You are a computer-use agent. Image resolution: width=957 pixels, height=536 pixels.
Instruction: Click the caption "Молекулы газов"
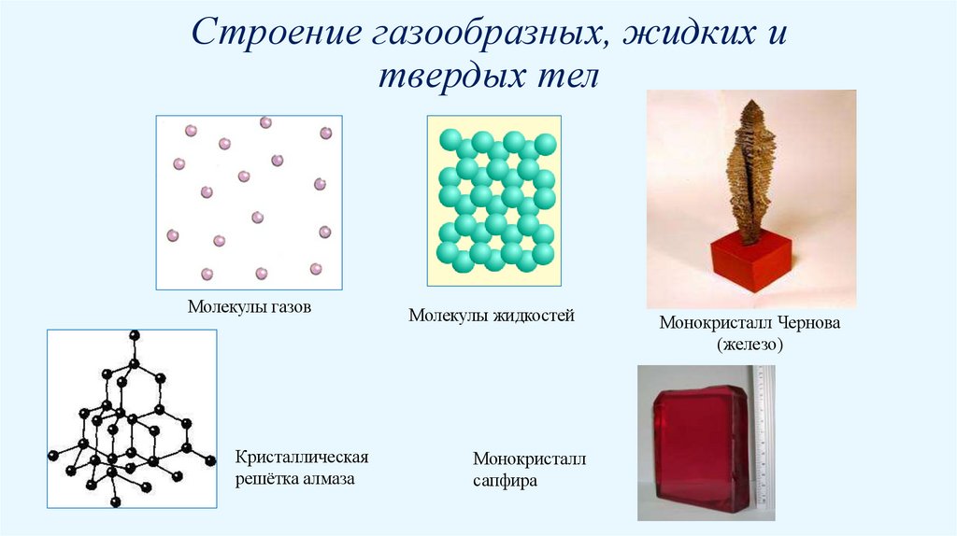249,306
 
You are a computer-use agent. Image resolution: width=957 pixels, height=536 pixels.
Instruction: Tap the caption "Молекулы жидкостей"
491,316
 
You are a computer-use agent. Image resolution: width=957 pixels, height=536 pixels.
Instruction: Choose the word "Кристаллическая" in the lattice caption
303,458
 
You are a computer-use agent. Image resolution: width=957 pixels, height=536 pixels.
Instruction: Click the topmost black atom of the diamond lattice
135,335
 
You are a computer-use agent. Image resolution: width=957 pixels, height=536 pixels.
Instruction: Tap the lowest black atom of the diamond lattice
116,502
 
